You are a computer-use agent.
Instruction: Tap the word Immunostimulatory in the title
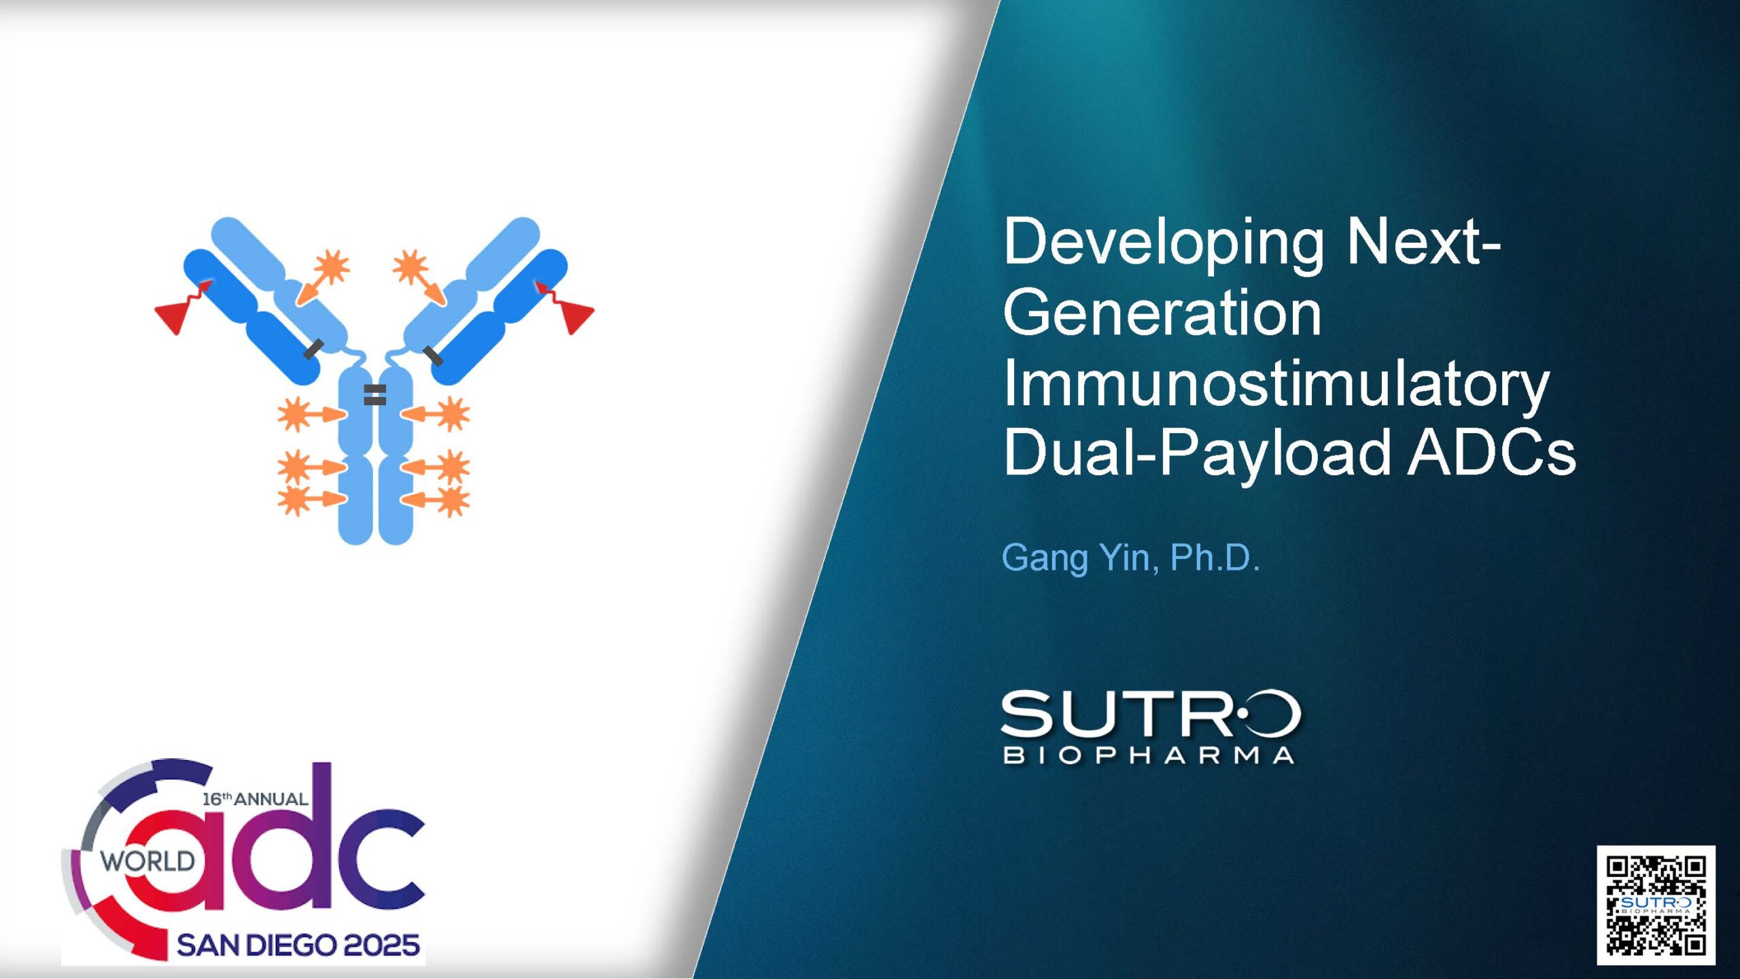pos(1276,385)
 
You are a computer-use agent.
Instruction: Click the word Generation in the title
pos(1162,313)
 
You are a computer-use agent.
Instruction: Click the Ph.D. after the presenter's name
pos(1215,557)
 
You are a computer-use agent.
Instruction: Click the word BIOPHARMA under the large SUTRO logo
pos(1149,755)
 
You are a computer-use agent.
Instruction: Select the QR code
pos(1656,906)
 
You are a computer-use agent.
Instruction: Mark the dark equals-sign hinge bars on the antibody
pos(375,395)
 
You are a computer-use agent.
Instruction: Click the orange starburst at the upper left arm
pos(333,266)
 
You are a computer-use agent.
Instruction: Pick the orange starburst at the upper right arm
pos(411,266)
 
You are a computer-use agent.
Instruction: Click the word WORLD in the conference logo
pos(147,861)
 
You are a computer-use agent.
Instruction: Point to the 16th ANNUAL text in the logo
pos(255,799)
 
